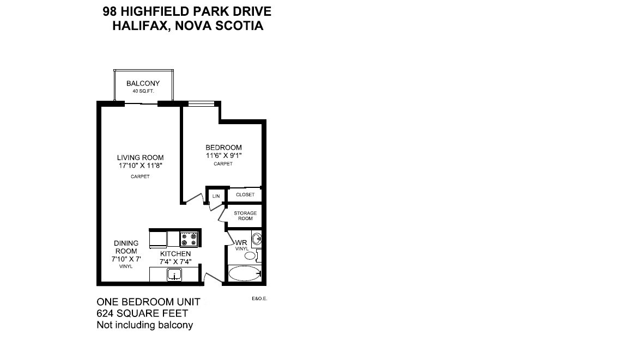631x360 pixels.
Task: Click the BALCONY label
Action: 143,83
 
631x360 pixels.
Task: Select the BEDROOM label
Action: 223,148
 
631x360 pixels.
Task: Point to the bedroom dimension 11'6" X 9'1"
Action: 223,155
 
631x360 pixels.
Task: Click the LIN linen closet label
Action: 216,196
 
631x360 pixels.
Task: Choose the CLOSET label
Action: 245,194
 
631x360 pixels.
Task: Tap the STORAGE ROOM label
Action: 245,216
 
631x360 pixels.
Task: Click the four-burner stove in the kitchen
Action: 189,239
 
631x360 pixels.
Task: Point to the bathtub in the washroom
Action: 245,273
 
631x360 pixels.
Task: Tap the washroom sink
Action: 257,239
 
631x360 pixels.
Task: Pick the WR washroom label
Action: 241,242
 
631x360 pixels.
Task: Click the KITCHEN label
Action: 175,254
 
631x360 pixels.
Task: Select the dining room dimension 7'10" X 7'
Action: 126,259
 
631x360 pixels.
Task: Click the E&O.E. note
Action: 259,299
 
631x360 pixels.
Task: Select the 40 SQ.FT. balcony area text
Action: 143,91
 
